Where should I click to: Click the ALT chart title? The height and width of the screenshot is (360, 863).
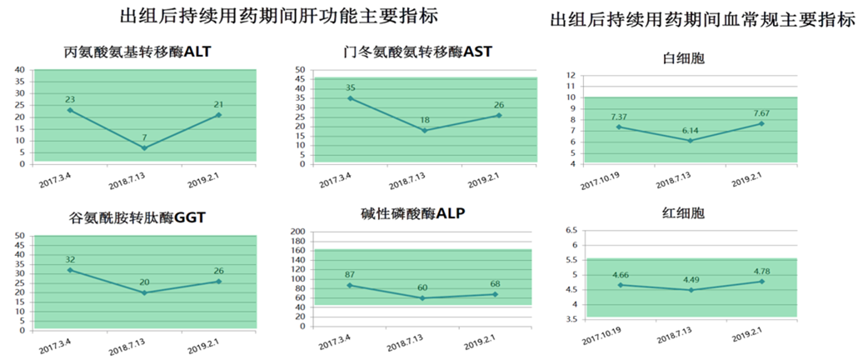(137, 52)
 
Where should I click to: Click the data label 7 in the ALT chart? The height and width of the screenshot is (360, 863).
(145, 136)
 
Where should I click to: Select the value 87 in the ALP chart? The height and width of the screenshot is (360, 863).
(351, 274)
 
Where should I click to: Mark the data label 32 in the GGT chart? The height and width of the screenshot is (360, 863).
(71, 259)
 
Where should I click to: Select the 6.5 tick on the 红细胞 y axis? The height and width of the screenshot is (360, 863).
(571, 229)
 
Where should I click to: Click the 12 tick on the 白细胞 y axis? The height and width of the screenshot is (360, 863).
(571, 75)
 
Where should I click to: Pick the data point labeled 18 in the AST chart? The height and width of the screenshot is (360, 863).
(425, 131)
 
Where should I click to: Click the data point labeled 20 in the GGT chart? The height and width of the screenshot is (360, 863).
(144, 292)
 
